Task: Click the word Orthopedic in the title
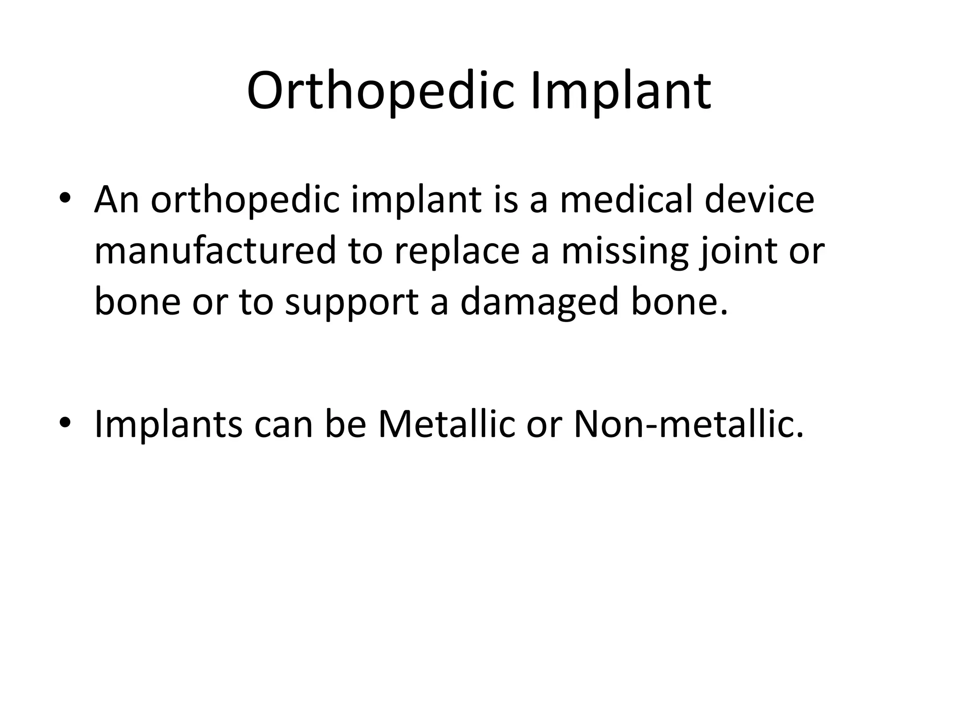coord(383,91)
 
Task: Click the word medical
coord(627,200)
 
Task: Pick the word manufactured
coord(215,251)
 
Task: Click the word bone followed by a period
coord(674,302)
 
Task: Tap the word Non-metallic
coord(688,424)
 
